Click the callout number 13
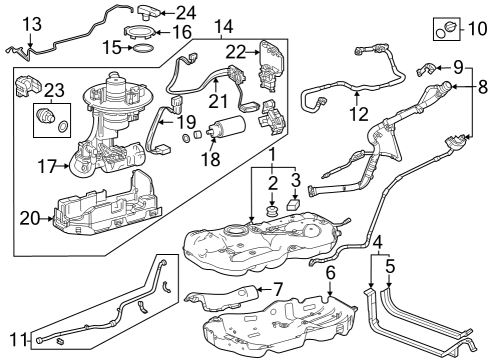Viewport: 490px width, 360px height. coord(31,23)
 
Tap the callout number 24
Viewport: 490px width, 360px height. coord(186,13)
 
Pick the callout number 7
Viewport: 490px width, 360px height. coord(278,291)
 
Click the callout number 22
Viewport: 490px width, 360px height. coord(235,52)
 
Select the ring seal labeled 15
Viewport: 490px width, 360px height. coord(143,47)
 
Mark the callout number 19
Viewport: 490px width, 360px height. coord(186,122)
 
